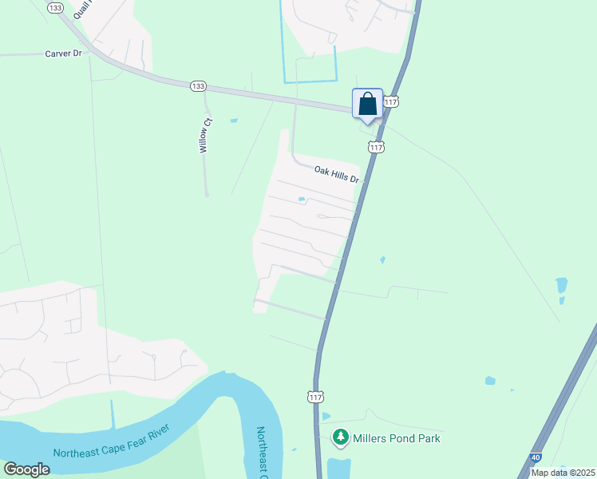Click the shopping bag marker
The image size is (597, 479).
[367, 104]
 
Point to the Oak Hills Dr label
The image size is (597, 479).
[337, 171]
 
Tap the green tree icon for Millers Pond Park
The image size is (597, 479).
[341, 437]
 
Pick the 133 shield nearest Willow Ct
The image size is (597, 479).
[199, 86]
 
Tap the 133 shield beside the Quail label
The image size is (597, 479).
[54, 7]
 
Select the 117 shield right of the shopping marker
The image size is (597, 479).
[390, 102]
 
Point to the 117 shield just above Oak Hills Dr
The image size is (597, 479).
[377, 147]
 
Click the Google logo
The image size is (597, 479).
[26, 469]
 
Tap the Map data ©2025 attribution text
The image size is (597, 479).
[563, 473]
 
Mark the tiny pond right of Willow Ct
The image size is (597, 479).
[233, 121]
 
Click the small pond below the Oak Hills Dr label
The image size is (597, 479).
[302, 199]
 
